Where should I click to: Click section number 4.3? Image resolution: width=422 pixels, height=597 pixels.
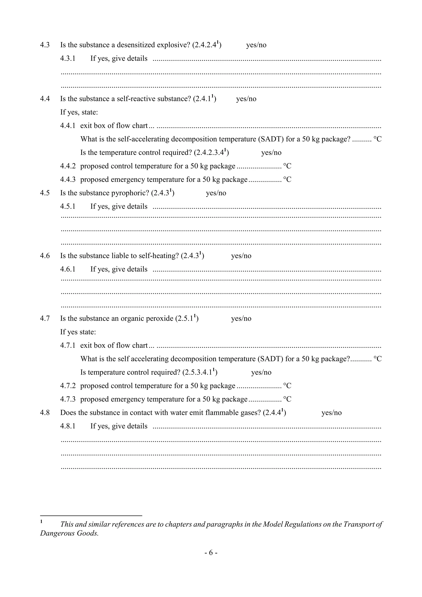[x=45, y=45]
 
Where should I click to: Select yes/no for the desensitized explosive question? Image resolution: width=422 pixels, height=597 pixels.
[x=256, y=45]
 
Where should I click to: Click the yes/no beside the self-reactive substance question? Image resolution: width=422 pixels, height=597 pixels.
[x=246, y=99]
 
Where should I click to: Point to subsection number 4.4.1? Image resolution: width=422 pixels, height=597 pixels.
[x=68, y=126]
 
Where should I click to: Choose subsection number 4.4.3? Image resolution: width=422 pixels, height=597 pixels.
[x=68, y=180]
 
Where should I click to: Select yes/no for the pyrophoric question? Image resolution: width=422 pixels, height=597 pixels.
[x=216, y=193]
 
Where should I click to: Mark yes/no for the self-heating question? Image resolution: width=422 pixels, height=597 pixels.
[x=241, y=256]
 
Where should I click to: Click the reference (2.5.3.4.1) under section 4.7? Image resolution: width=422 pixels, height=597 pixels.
[x=200, y=372]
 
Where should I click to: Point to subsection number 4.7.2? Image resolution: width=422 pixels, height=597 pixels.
[x=68, y=386]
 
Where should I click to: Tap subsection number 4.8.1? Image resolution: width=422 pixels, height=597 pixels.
[x=68, y=426]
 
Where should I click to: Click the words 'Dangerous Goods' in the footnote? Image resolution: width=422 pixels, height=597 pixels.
[x=69, y=533]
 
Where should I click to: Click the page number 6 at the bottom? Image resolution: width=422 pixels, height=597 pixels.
[x=211, y=552]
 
